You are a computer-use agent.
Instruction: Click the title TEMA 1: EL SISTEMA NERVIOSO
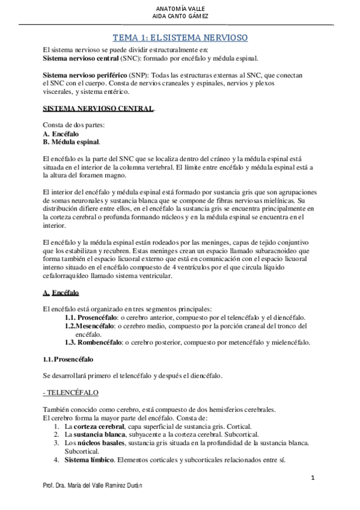[180, 37]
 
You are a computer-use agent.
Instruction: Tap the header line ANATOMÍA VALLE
[180, 10]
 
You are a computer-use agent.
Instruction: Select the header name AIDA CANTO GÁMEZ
[180, 18]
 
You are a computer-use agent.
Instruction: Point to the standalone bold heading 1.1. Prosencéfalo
[68, 359]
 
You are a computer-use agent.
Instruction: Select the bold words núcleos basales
[97, 443]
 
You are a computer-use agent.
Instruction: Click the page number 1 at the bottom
[313, 478]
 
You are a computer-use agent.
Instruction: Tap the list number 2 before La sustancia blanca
[56, 434]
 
